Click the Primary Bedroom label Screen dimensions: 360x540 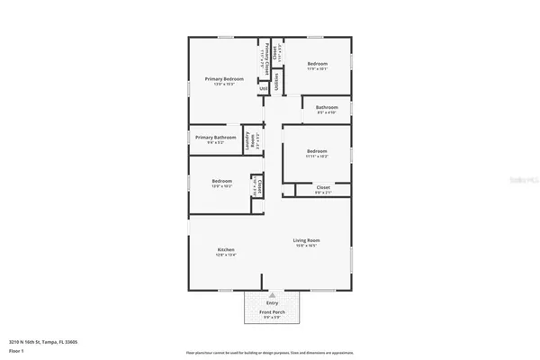224,79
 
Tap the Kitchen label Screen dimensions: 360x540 226,249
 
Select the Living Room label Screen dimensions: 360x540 308,240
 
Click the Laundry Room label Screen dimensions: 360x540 248,142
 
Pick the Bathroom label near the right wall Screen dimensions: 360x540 326,107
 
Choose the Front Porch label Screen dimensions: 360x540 272,313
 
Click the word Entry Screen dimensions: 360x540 272,303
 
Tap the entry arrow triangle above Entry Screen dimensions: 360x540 272,294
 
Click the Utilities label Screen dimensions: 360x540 276,81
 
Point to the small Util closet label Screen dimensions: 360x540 263,88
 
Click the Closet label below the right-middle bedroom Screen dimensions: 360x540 323,188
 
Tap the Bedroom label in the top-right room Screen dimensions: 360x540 317,64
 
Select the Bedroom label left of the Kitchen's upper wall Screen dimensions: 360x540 222,181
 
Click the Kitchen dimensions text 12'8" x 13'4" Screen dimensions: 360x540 226,256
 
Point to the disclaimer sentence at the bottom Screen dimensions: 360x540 269,353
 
